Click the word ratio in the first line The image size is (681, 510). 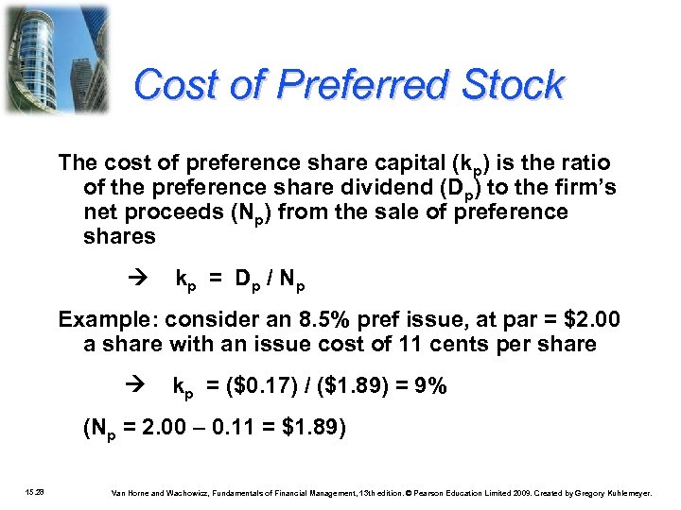pos(583,162)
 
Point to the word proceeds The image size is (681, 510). pos(176,212)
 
